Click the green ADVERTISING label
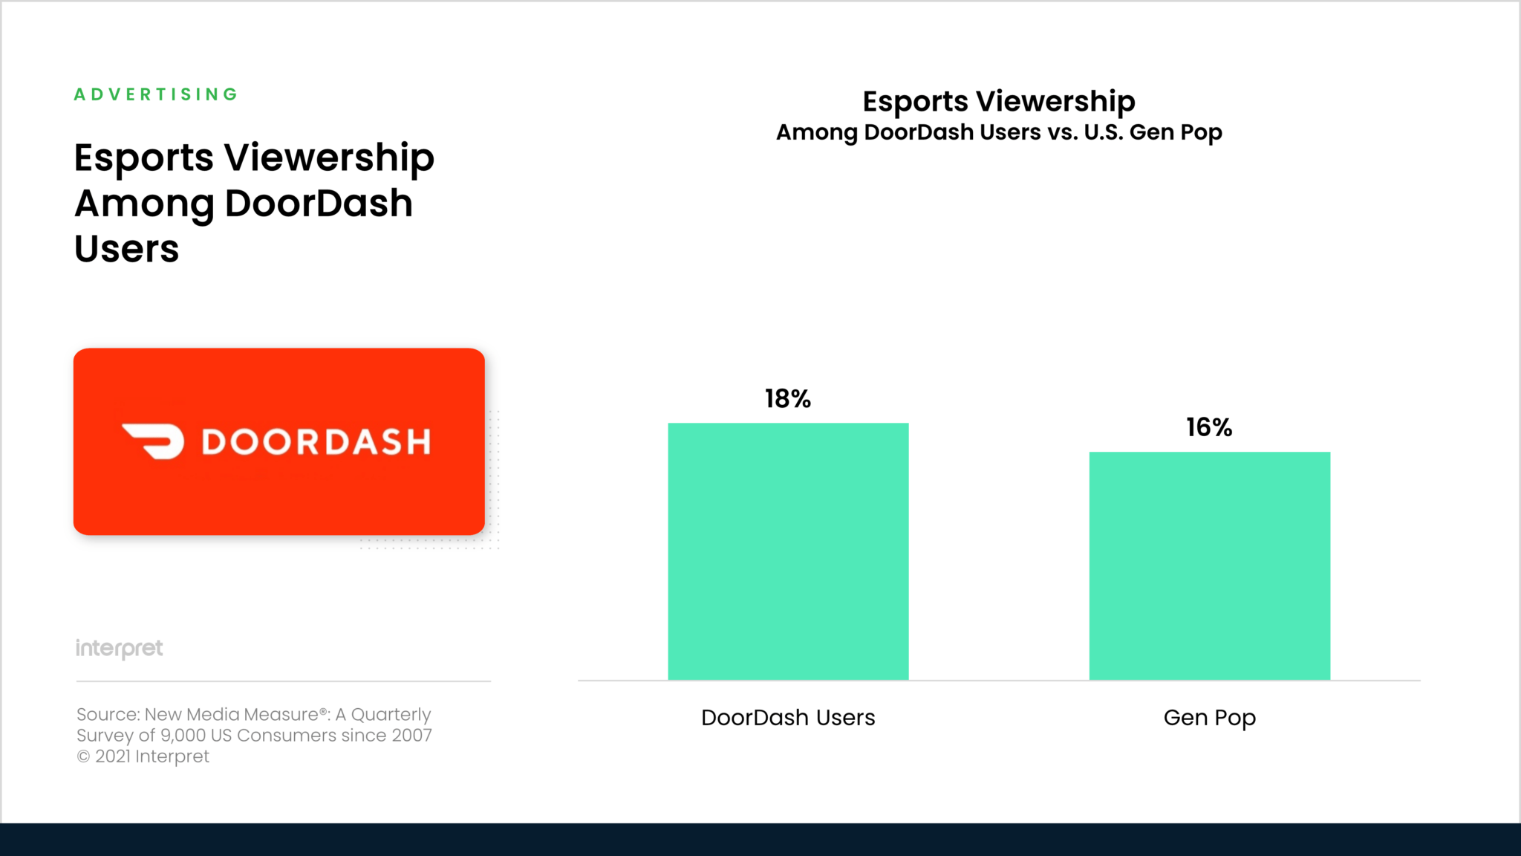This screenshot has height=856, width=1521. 156,94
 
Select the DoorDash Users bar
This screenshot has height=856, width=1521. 788,551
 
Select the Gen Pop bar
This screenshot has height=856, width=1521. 1209,565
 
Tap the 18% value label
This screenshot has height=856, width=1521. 788,399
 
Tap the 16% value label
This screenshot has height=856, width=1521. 1209,427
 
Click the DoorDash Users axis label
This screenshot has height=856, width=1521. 788,718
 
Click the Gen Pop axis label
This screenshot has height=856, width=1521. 1209,718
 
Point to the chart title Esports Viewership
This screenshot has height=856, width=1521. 999,101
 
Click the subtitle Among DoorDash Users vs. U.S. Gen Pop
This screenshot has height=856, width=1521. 999,132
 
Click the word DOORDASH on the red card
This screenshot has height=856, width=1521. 316,442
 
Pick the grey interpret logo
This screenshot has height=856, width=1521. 120,649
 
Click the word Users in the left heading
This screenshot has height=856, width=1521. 127,249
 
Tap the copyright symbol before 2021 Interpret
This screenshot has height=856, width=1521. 83,756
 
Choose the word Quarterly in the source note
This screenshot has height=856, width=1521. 391,715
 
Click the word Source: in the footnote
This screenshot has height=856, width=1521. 108,715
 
